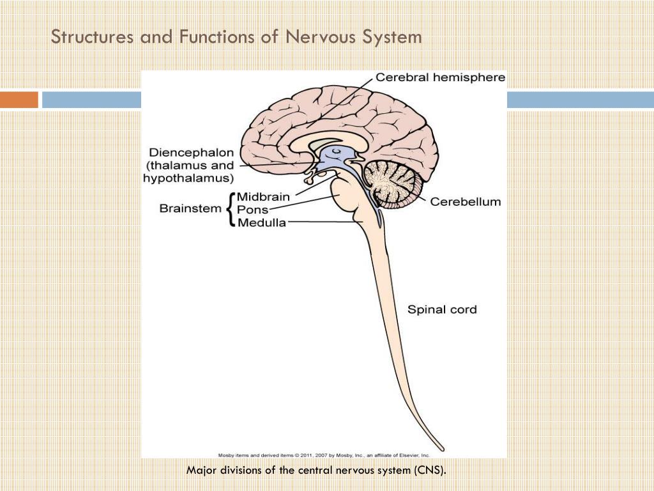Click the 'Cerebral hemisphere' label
(x=440, y=77)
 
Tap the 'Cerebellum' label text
(x=465, y=202)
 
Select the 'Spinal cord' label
(x=442, y=310)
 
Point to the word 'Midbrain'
(x=263, y=196)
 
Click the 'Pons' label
(x=252, y=210)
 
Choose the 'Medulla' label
(x=261, y=222)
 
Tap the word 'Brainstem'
(x=190, y=208)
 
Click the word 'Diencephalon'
(x=191, y=153)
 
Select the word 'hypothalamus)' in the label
(x=188, y=178)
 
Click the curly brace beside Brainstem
(x=230, y=209)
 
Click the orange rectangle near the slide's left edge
(x=19, y=100)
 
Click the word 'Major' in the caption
(x=201, y=471)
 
